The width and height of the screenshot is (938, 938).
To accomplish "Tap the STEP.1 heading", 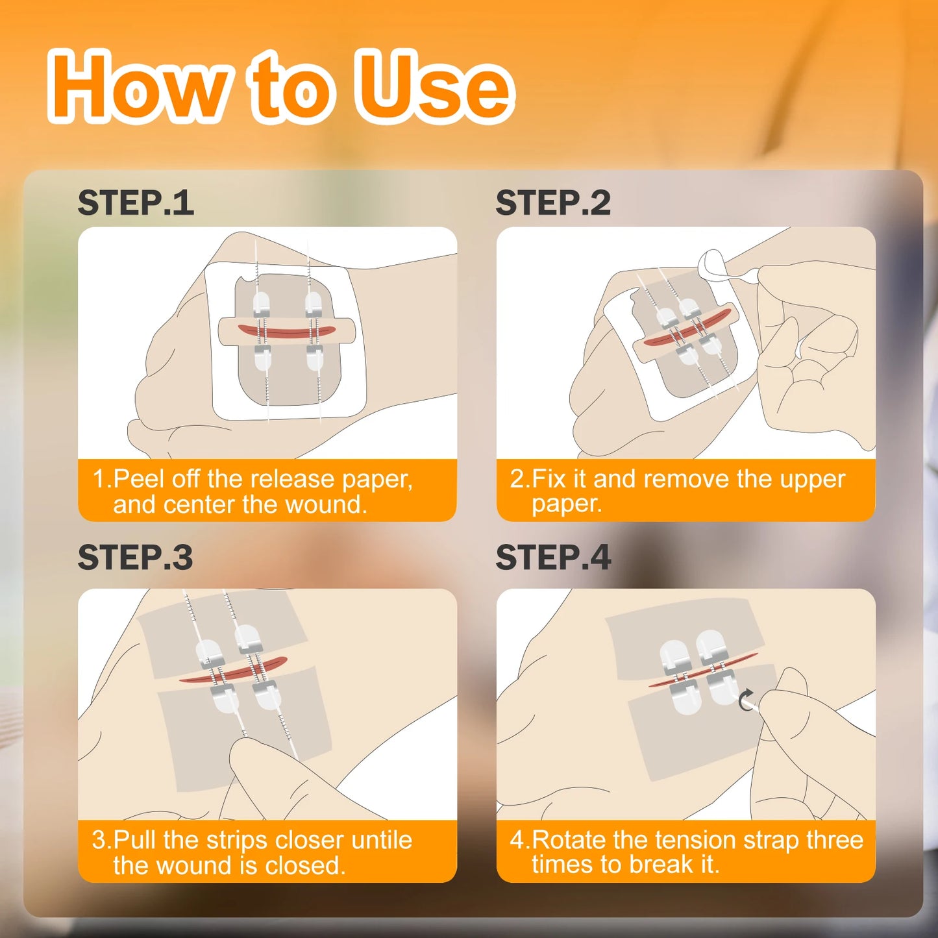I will click(x=136, y=203).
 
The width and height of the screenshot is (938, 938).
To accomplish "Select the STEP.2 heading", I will click(x=553, y=203).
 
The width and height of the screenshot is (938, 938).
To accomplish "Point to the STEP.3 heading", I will click(x=135, y=558).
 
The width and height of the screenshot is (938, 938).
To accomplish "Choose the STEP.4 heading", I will click(x=553, y=558).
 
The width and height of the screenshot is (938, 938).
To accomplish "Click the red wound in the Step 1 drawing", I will click(x=286, y=332).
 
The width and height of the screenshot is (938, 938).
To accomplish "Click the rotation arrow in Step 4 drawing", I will click(x=746, y=700).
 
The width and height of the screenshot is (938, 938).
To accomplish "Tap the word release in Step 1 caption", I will click(x=292, y=479).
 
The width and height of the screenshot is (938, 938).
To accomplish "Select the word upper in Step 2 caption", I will click(x=812, y=479).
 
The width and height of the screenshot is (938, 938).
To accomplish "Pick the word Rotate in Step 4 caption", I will click(x=569, y=840).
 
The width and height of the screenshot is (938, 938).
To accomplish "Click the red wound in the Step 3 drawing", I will click(x=234, y=671).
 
